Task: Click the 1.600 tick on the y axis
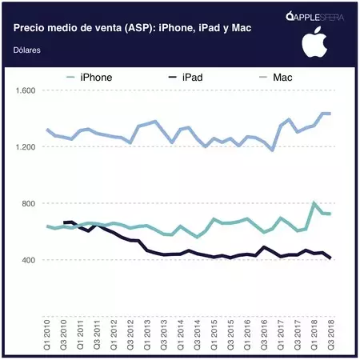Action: [26, 90]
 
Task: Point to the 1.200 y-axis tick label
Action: [26, 147]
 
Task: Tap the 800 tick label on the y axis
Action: [30, 204]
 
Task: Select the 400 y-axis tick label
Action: [30, 261]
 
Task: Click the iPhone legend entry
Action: [94, 77]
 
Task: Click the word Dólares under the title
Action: [28, 50]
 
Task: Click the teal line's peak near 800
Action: [314, 203]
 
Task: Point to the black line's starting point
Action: [64, 222]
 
